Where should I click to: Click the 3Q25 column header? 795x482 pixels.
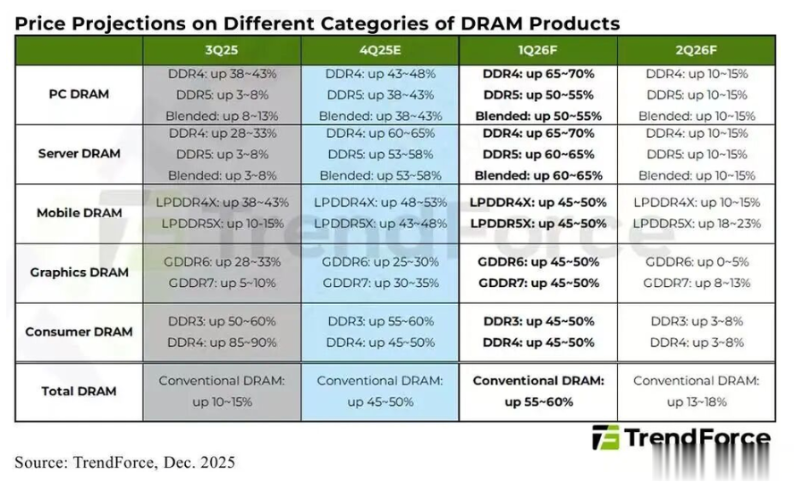click(x=222, y=52)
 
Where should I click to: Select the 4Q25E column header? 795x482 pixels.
click(x=379, y=52)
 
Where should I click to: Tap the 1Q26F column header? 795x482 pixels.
click(x=537, y=52)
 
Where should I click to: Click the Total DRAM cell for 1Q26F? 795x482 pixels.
click(x=537, y=391)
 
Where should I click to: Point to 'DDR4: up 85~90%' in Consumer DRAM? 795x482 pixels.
click(x=222, y=342)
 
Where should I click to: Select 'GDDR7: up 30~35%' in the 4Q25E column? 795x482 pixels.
click(x=379, y=283)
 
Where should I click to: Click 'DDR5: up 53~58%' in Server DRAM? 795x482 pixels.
click(x=379, y=154)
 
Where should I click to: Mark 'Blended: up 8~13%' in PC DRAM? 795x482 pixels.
click(x=222, y=115)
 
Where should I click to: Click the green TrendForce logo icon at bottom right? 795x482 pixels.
click(x=606, y=438)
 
